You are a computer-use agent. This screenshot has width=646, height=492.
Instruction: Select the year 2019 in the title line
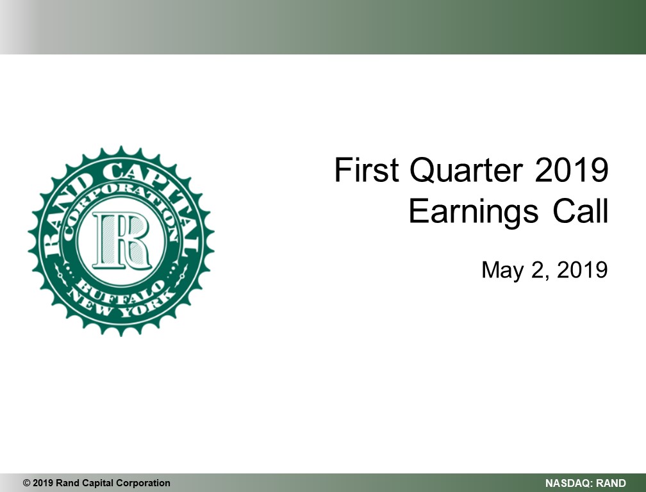(572, 169)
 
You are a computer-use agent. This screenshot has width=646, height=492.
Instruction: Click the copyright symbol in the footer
(27, 483)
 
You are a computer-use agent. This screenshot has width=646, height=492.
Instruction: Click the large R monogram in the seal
(122, 240)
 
